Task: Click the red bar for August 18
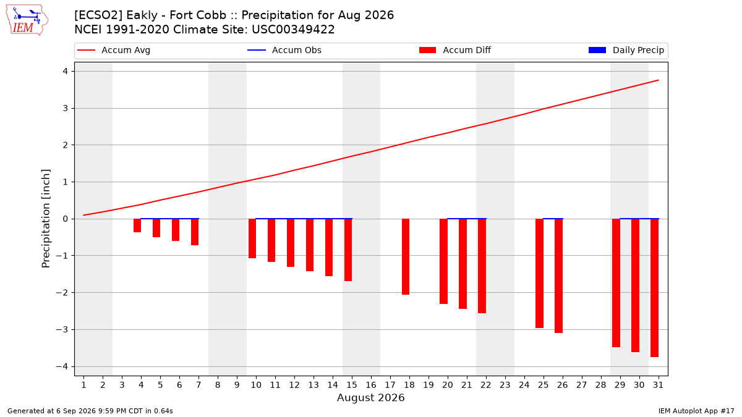click(x=406, y=256)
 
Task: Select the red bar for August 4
click(x=137, y=225)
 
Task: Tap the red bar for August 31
click(x=654, y=288)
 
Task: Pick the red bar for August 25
click(x=539, y=273)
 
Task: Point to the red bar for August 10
click(x=252, y=238)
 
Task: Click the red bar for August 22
click(x=482, y=266)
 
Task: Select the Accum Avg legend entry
click(x=114, y=50)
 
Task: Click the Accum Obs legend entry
click(x=284, y=50)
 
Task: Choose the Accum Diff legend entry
click(x=455, y=50)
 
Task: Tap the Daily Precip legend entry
click(x=626, y=50)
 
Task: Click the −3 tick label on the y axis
click(x=62, y=330)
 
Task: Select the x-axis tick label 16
click(x=371, y=385)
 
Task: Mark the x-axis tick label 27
click(x=582, y=385)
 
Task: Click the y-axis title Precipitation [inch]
click(x=46, y=219)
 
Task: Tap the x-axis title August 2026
click(x=370, y=397)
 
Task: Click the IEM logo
click(x=27, y=20)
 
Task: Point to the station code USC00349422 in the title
click(x=293, y=30)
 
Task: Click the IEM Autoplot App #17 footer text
click(x=696, y=411)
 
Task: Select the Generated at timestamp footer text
click(x=90, y=411)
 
